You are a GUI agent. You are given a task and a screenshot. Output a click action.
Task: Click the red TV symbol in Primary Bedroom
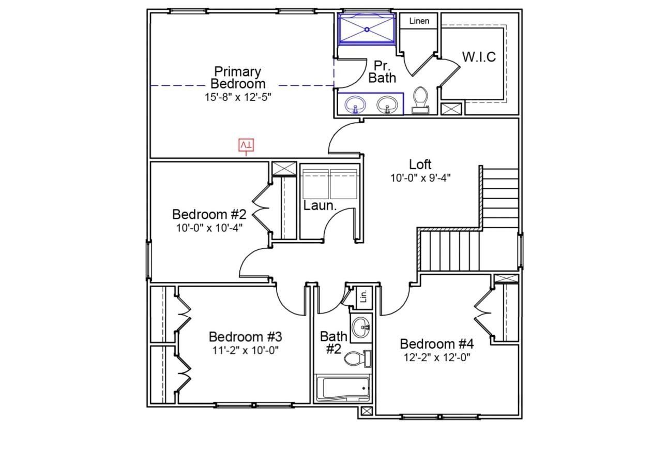coord(247,146)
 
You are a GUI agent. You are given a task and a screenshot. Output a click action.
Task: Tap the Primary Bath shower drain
coord(367,29)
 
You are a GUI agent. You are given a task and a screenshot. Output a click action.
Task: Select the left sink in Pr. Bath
coord(355,104)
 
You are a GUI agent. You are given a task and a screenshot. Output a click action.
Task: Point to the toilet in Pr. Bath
coord(420,99)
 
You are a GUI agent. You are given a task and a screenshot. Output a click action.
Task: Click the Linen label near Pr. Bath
coord(419,21)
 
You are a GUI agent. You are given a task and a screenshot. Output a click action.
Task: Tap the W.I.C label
coord(479,57)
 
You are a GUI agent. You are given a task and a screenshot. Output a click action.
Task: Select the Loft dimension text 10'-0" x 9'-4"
coord(420,177)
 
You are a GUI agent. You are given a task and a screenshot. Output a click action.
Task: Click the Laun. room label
coord(320,205)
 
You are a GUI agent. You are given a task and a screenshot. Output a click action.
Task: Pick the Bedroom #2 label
coord(209,214)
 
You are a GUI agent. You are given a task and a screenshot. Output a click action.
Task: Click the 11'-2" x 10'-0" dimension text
coord(246,350)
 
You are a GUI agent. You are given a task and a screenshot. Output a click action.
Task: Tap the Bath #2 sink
coord(361,326)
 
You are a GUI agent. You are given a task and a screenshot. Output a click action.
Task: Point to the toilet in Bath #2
coord(357,359)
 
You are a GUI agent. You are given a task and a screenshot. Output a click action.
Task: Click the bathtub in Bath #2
coord(343,389)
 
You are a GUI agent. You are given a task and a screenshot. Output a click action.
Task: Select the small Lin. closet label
coord(363,296)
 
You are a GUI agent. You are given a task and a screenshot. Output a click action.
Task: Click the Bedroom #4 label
coord(437,344)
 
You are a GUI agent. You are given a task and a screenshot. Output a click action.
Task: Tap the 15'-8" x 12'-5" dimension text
coord(238,97)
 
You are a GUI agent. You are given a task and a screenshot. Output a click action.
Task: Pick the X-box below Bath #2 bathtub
coord(367,411)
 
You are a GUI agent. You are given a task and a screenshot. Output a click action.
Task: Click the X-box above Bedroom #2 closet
coord(284,169)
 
